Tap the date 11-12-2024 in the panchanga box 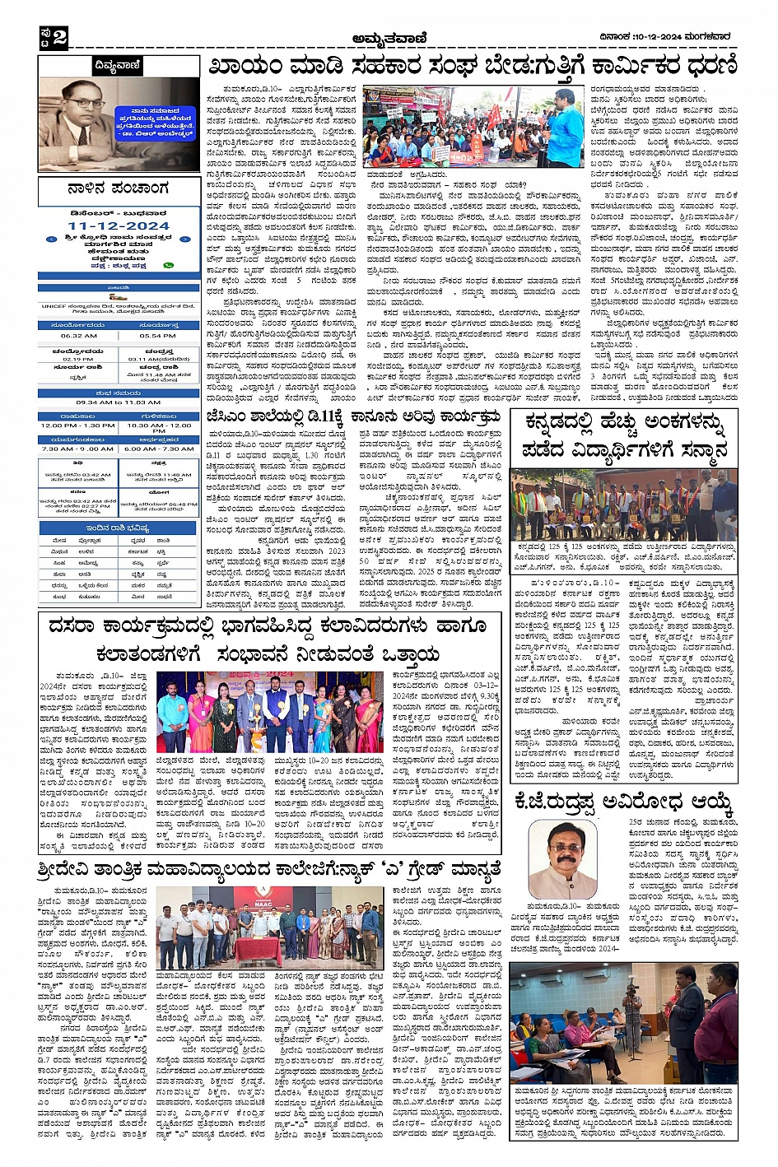(119, 225)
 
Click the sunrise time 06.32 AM (78, 336)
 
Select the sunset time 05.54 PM (157, 336)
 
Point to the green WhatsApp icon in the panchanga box (169, 265)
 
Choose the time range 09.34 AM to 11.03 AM (118, 402)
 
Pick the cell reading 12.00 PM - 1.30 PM (78, 425)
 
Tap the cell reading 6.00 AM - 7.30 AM (158, 449)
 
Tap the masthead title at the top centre (389, 37)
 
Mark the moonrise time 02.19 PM (78, 359)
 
